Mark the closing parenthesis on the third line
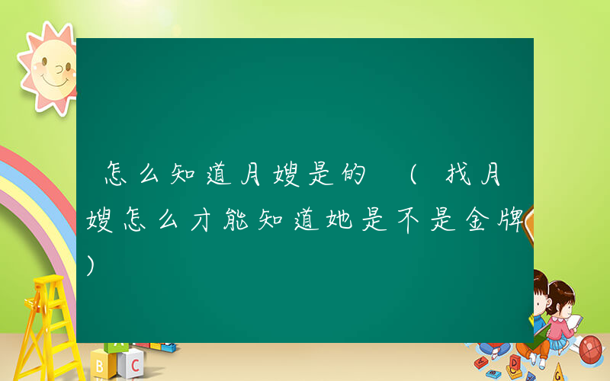point(92,264)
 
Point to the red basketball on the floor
point(591,349)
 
